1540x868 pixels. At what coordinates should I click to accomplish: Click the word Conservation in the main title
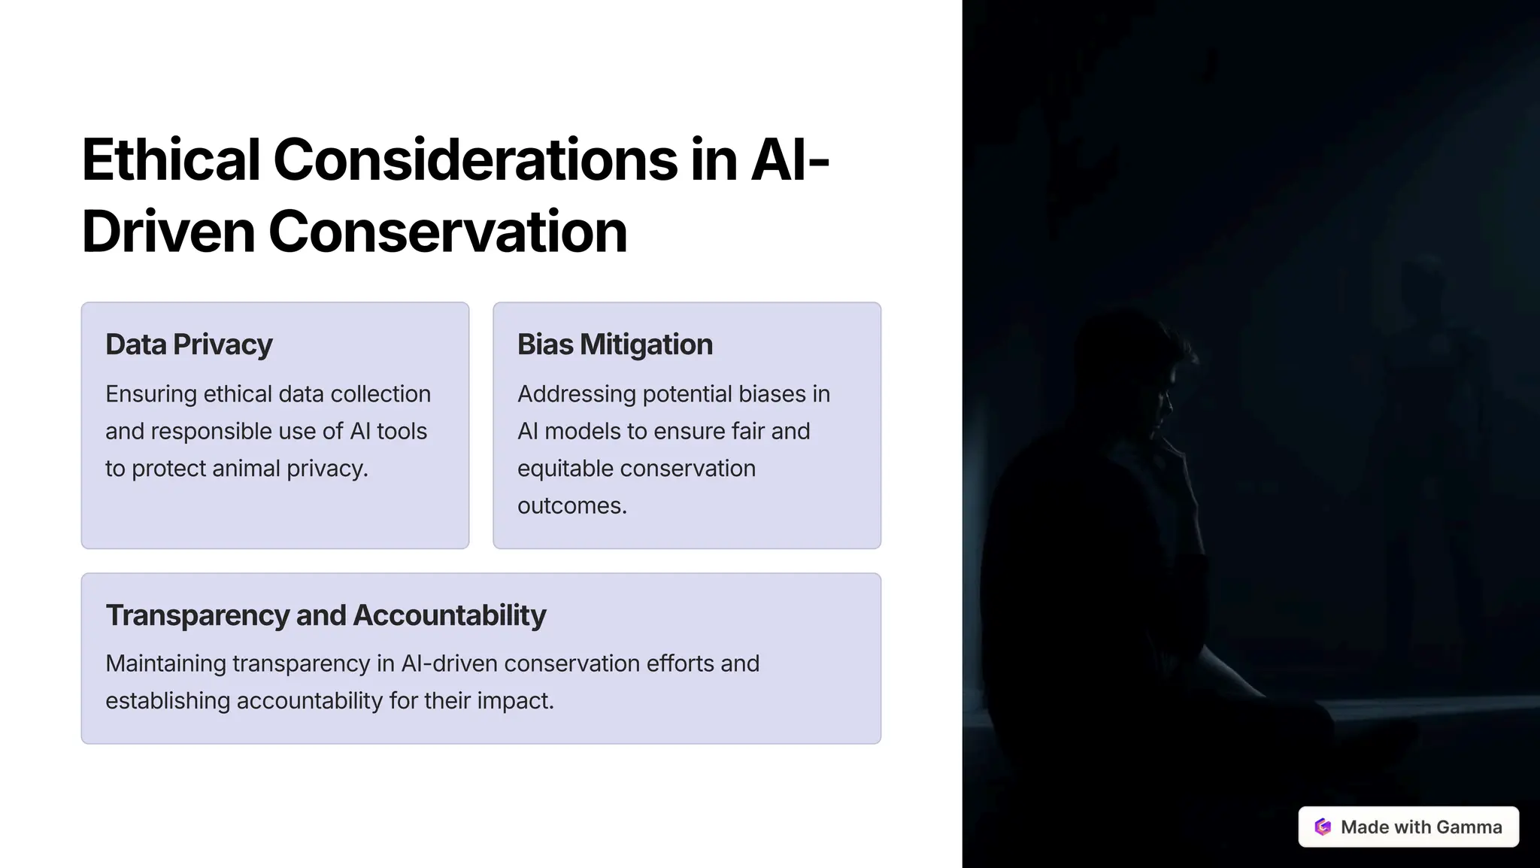(x=447, y=232)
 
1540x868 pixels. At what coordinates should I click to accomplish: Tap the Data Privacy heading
(x=189, y=344)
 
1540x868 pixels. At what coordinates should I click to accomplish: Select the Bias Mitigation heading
(x=614, y=344)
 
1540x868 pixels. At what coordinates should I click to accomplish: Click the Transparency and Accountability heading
(x=326, y=615)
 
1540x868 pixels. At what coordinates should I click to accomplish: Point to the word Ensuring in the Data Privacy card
(x=150, y=394)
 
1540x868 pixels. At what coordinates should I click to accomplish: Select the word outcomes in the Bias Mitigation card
(x=571, y=505)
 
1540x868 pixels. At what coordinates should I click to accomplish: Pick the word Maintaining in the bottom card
(x=165, y=663)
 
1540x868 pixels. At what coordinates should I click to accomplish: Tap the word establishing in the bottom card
(x=167, y=701)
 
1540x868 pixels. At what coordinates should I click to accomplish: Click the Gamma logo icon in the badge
(x=1323, y=827)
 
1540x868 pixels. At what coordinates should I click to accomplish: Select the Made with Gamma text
(x=1420, y=827)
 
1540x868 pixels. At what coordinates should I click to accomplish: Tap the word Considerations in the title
(x=475, y=159)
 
